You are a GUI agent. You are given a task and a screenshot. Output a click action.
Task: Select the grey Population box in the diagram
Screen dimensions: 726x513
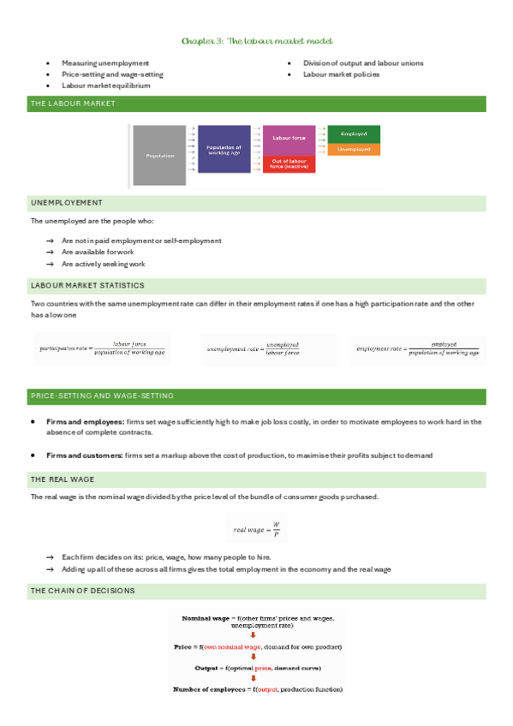coord(158,155)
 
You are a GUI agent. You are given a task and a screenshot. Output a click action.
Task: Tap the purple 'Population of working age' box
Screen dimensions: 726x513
coord(224,149)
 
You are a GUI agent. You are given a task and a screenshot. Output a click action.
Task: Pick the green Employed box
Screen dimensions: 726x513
coord(354,134)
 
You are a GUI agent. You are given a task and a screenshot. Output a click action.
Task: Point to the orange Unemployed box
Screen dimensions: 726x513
coord(354,149)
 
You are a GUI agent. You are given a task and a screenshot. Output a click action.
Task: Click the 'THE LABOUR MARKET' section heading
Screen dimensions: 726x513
coord(73,104)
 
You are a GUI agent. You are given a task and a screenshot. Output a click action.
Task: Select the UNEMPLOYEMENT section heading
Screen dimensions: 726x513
coord(66,203)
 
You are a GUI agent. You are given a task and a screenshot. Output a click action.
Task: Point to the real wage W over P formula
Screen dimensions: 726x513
coord(257,529)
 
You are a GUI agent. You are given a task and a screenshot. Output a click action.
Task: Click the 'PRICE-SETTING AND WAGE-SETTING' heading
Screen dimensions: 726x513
coord(102,396)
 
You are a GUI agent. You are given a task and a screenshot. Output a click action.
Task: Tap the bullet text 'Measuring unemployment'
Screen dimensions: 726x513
coord(104,63)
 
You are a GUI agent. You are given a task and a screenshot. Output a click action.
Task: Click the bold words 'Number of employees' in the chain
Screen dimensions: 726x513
coord(211,689)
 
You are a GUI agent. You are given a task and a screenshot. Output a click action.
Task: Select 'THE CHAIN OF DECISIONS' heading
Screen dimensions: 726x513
coord(82,591)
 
